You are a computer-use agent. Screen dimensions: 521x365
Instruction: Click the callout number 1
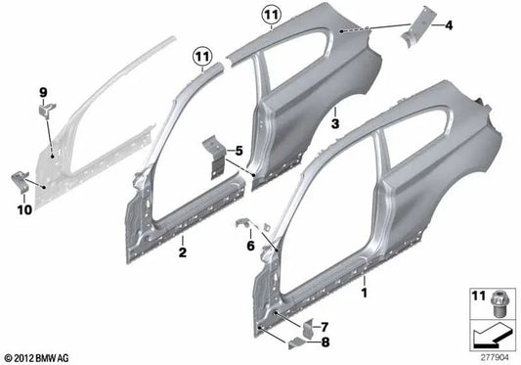[365, 293]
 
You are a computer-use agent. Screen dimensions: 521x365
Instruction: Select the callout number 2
[183, 252]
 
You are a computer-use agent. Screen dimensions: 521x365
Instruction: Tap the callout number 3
[335, 123]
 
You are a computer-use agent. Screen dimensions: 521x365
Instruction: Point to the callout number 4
[449, 25]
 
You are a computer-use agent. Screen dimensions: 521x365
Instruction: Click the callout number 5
[239, 151]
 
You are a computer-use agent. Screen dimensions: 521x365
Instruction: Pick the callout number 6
[250, 246]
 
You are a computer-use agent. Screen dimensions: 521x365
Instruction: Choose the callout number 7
[325, 327]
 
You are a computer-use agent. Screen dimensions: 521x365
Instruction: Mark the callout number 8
[326, 342]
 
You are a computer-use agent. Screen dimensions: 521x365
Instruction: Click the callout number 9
[44, 93]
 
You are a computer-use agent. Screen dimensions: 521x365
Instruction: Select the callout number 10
[24, 210]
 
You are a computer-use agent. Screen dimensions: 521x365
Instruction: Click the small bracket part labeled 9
[48, 111]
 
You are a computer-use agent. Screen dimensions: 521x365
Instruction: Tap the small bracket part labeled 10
[21, 182]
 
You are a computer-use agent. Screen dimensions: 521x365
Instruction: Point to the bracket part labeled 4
[418, 26]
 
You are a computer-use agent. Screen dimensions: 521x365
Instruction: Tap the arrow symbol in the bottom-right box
[492, 336]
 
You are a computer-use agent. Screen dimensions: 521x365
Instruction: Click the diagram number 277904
[495, 358]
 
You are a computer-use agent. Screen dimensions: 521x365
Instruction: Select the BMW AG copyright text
[37, 358]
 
